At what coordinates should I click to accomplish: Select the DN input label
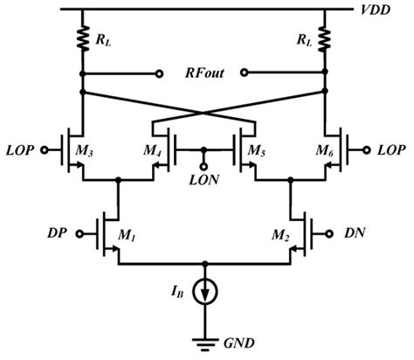point(353,233)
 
